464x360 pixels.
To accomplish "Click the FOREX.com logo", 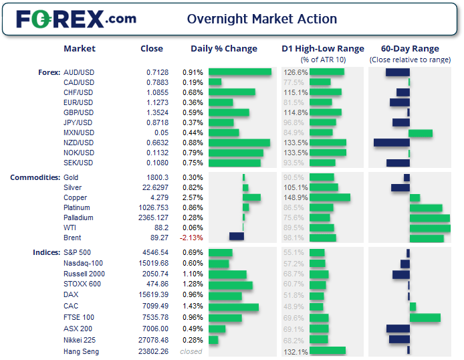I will coord(76,19).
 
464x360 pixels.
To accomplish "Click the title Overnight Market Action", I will coord(261,19).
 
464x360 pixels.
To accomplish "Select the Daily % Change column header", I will coord(223,49).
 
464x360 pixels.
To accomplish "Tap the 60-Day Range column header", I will coord(409,49).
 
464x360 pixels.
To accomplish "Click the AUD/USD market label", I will coord(78,72).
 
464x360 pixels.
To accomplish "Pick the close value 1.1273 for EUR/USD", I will coord(157,102).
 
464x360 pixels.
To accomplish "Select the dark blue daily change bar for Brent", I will coord(236,237).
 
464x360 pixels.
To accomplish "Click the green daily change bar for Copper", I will coord(251,197).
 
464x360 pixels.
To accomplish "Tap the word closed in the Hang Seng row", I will coord(191,351).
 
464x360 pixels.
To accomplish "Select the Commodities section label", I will coord(34,177).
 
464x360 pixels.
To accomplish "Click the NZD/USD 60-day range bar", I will coord(391,143).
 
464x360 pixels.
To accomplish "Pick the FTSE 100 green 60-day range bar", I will coord(425,317).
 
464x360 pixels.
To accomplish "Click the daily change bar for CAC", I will coord(233,307).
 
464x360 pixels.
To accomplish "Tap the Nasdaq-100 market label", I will coord(84,263).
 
